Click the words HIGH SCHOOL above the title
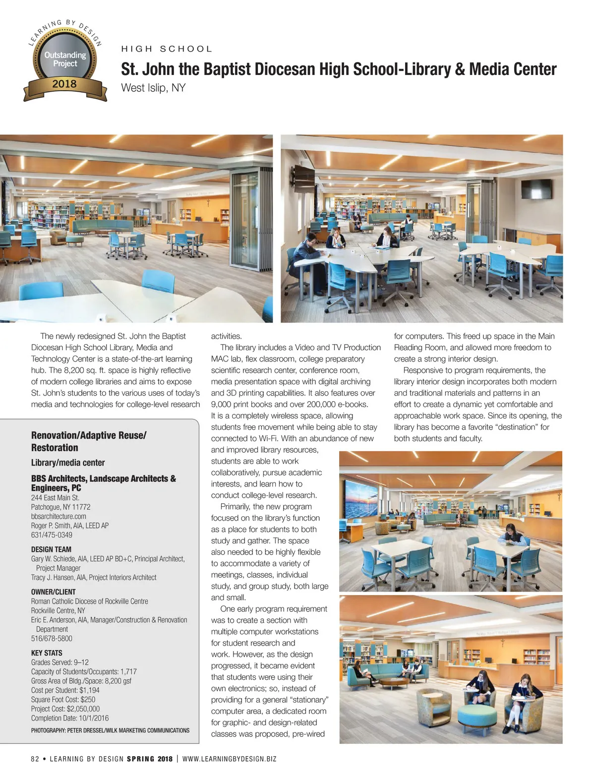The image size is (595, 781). (x=167, y=49)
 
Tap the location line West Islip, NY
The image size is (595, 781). (x=153, y=88)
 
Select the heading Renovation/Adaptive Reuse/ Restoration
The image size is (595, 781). (x=89, y=441)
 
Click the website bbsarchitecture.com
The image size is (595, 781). (x=59, y=516)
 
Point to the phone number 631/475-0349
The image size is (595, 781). (x=52, y=535)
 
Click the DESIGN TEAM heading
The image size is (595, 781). (x=51, y=549)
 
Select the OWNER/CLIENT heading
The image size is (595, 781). (x=53, y=592)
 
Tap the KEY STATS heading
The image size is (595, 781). (x=47, y=653)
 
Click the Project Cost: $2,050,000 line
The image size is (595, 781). (x=65, y=709)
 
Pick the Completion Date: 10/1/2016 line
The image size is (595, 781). (x=70, y=718)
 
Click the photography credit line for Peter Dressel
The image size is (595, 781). (x=110, y=730)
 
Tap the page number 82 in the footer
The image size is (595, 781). (x=35, y=759)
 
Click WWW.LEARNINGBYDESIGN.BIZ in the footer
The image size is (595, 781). (x=230, y=759)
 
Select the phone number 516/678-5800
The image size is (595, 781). (x=52, y=639)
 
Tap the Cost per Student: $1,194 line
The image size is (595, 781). (x=65, y=690)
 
